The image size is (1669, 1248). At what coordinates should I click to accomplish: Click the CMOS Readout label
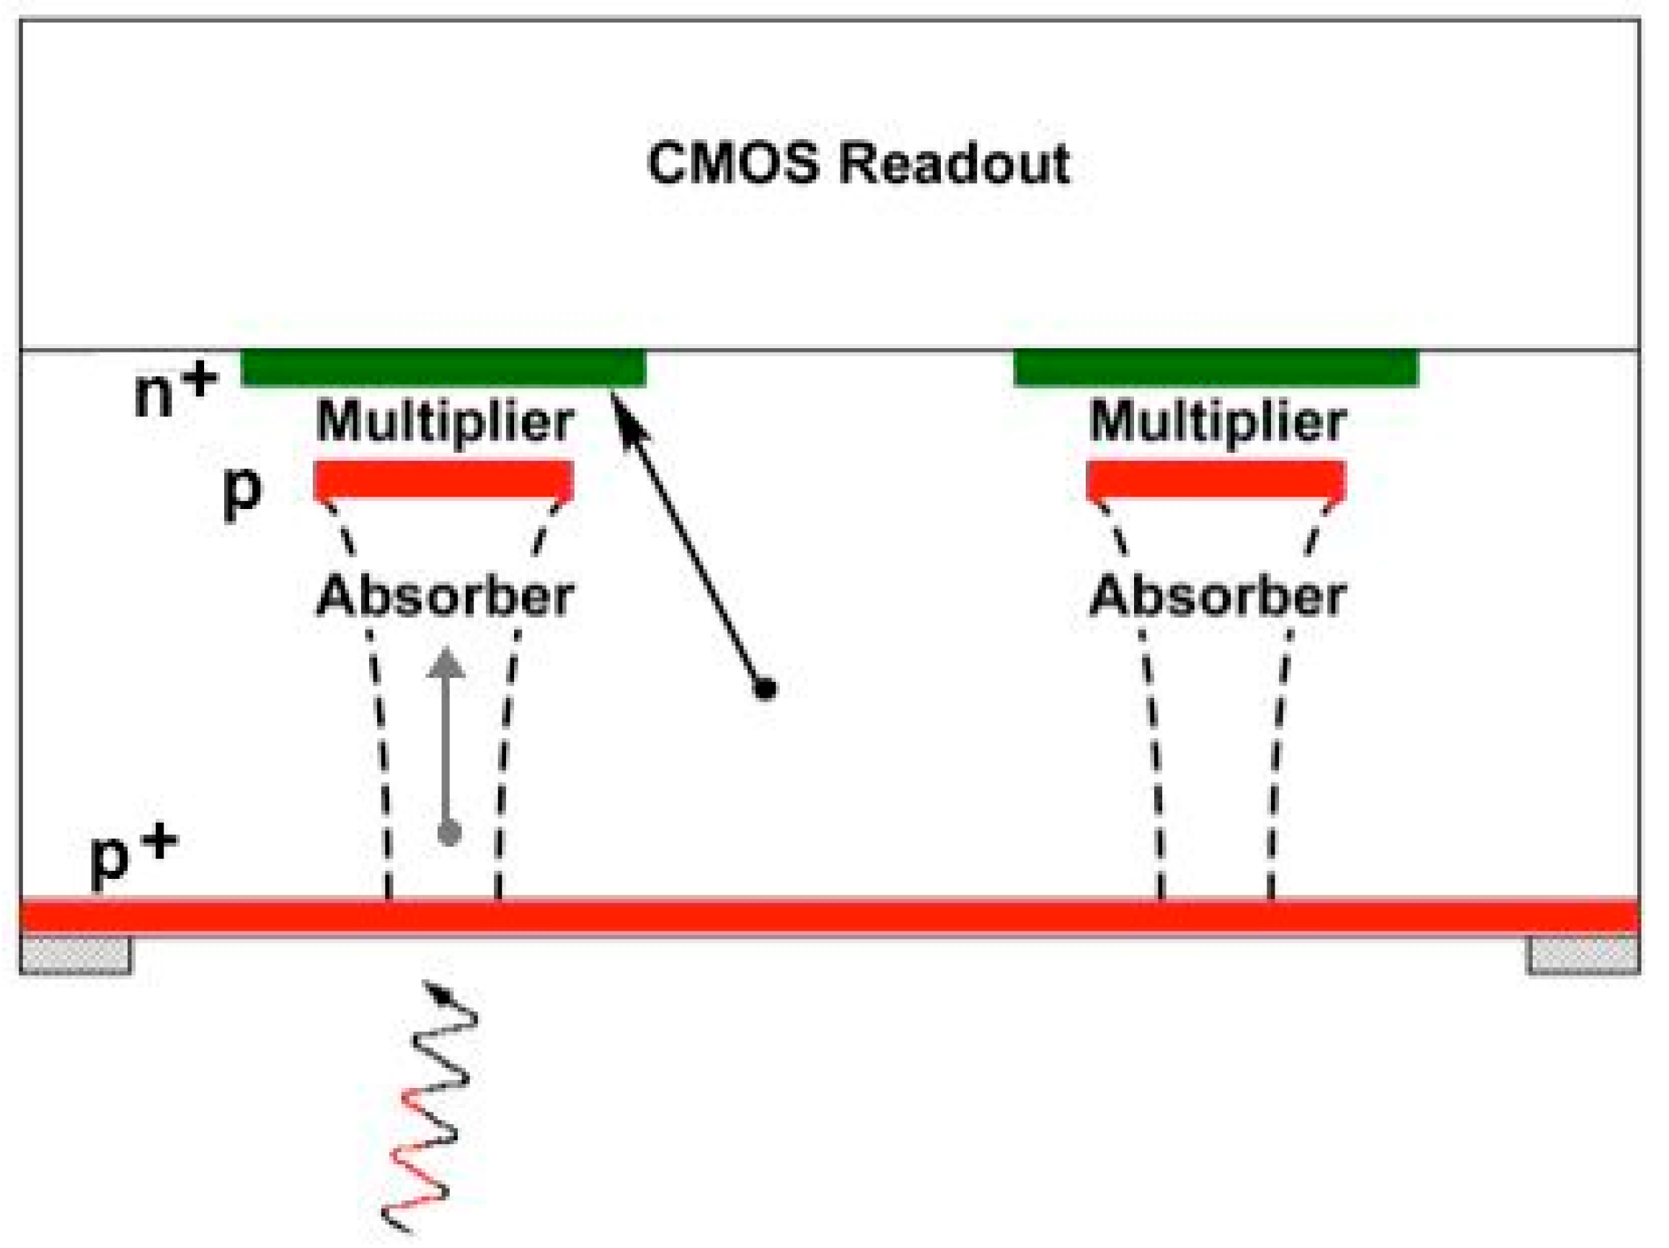[859, 164]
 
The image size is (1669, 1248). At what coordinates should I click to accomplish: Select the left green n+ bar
[443, 368]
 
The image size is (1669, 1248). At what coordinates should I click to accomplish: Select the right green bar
[1216, 368]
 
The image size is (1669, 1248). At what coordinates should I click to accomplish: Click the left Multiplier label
[445, 422]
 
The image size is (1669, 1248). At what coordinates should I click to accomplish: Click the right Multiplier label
[1217, 422]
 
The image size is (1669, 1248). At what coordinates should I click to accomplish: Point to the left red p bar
[443, 479]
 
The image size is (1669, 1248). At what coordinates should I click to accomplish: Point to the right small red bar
[1216, 479]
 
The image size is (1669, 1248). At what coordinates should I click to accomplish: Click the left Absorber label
[445, 597]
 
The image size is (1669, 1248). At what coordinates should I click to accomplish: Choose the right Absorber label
[1217, 597]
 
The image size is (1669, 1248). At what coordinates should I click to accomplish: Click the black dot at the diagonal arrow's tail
[766, 688]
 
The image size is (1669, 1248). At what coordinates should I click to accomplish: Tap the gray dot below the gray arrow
[450, 833]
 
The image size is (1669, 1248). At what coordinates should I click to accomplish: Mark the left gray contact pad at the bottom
[76, 955]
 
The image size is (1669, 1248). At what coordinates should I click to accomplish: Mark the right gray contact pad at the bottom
[1583, 955]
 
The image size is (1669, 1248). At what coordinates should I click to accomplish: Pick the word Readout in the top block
[955, 164]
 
